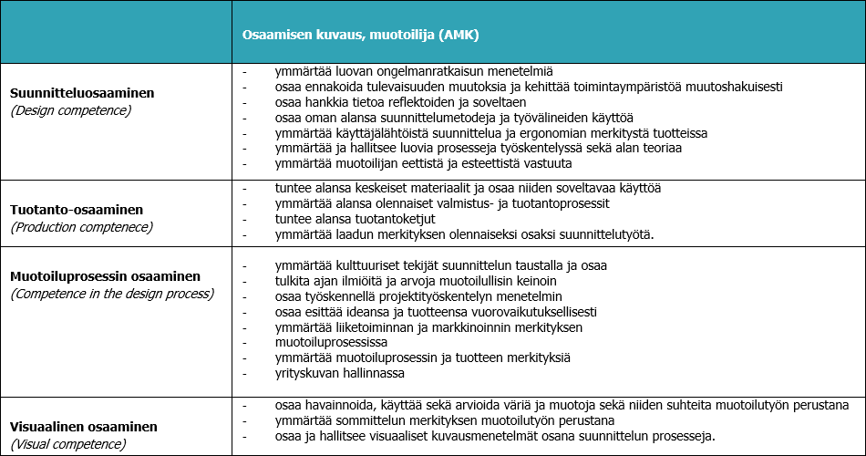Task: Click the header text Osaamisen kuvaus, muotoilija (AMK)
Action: (360, 35)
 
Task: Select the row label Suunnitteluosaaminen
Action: (82, 94)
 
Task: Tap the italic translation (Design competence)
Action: (70, 110)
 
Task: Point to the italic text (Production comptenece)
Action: (81, 227)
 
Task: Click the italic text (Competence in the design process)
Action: (111, 294)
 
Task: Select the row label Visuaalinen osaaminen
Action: (83, 427)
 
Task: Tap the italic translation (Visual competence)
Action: (67, 444)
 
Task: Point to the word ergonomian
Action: (529, 133)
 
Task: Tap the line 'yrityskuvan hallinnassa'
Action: (339, 373)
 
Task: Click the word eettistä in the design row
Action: (428, 164)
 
